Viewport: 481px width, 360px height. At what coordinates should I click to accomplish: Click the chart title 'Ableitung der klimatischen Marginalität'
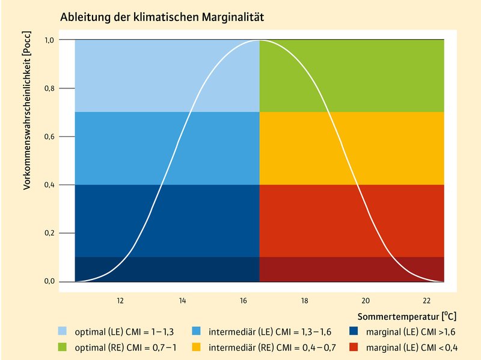coord(162,18)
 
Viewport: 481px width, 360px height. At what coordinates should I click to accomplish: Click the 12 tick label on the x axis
coord(120,301)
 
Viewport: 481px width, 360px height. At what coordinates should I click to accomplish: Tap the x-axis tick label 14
coord(182,301)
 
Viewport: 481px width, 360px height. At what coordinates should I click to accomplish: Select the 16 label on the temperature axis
coord(243,301)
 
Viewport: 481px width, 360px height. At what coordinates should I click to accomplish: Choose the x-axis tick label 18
coord(304,301)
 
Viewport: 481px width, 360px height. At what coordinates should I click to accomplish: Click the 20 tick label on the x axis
coord(366,301)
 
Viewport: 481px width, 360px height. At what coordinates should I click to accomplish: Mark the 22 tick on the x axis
coord(427,301)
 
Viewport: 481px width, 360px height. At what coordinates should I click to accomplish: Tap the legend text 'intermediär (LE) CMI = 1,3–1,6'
coord(270,331)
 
